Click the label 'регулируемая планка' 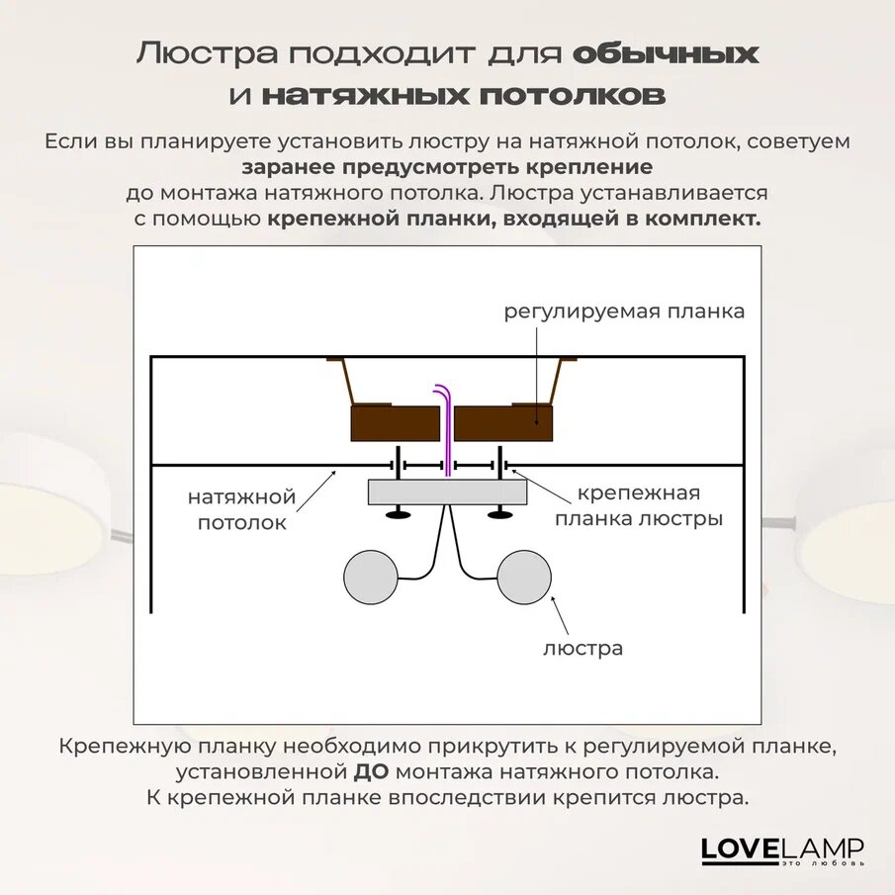(624, 313)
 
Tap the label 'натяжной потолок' (241, 508)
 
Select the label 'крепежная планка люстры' (638, 505)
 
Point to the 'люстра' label (582, 649)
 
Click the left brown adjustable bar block (396, 423)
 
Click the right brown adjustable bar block (503, 423)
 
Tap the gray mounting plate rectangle (448, 492)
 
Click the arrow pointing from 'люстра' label (561, 616)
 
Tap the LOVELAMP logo (782, 850)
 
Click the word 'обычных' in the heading (666, 53)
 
